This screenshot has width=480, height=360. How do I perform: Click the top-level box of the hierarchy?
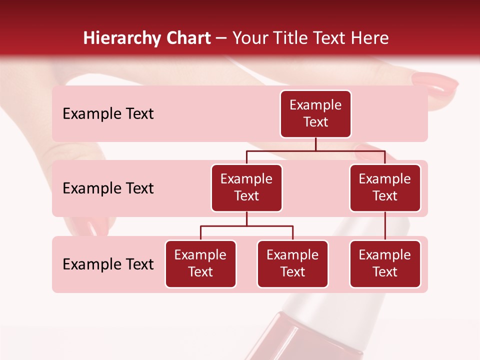[x=315, y=114]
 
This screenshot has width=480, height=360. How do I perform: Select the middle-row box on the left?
[x=246, y=188]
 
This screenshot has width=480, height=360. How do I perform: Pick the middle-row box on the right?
[x=385, y=188]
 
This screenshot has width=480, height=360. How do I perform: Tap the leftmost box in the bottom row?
[x=200, y=264]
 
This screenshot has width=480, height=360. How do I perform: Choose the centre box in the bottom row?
[x=292, y=264]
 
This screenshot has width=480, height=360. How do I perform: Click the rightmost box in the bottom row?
[x=385, y=264]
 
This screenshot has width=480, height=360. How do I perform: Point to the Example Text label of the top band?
[x=108, y=114]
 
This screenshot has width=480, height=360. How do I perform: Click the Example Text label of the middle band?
[x=108, y=188]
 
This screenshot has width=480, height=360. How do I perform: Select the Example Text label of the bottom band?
[x=108, y=264]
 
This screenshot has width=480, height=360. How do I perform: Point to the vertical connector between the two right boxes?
[x=385, y=226]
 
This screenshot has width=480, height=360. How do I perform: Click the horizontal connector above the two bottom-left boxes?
[x=246, y=226]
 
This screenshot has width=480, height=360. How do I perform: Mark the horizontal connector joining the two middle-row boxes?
[x=315, y=150]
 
